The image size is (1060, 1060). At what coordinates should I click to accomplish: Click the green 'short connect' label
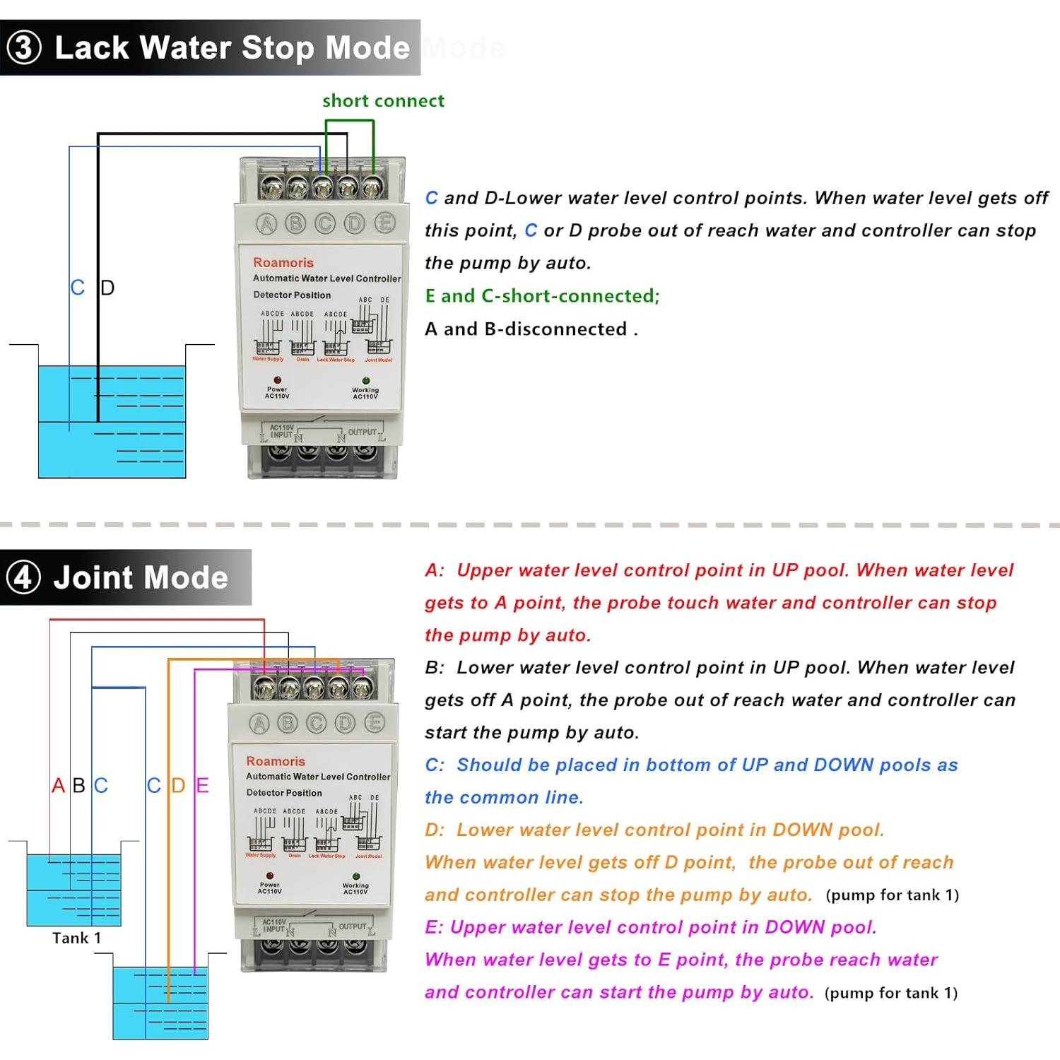(x=383, y=101)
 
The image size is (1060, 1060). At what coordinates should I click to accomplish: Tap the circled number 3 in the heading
(x=24, y=48)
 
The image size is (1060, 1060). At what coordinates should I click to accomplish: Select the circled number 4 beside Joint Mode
(x=23, y=577)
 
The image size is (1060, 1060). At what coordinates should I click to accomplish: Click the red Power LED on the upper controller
(x=277, y=380)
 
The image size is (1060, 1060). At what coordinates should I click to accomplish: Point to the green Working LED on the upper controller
(x=365, y=381)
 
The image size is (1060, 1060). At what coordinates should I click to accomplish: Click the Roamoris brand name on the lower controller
(x=276, y=761)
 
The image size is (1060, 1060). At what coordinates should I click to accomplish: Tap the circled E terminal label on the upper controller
(x=384, y=223)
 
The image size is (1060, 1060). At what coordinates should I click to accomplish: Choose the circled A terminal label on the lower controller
(x=259, y=723)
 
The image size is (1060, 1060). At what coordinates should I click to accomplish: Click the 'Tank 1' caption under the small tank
(x=76, y=938)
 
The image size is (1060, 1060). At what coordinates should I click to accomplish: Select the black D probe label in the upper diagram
(x=107, y=288)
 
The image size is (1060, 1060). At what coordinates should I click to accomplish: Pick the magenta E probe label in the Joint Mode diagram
(x=202, y=785)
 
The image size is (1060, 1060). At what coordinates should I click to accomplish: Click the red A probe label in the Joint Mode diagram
(x=58, y=785)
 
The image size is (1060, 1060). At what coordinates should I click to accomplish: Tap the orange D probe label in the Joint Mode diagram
(x=178, y=785)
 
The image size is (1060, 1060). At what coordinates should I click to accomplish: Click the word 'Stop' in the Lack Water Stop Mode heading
(x=278, y=48)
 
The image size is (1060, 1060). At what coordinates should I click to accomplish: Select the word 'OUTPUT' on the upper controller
(x=362, y=432)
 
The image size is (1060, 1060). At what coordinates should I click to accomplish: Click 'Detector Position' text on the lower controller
(x=283, y=793)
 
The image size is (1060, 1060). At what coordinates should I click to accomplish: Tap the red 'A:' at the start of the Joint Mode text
(x=435, y=570)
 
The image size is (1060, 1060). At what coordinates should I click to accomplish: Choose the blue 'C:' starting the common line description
(x=435, y=765)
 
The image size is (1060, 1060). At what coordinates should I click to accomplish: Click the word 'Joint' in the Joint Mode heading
(x=97, y=577)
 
